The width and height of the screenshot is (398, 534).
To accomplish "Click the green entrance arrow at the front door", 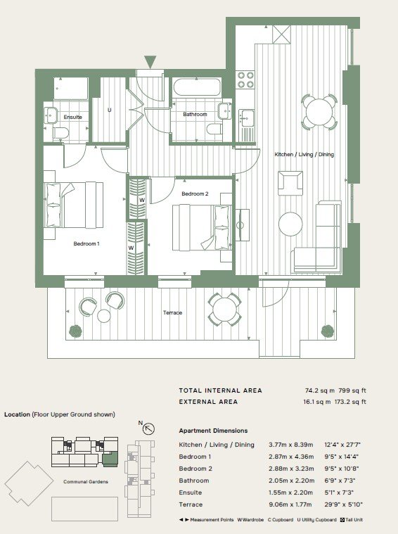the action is (150, 61).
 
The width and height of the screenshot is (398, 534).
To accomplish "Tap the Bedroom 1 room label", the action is (86, 244).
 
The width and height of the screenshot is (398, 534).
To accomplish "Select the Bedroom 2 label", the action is (195, 193).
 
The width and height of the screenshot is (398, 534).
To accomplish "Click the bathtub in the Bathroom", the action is (197, 87).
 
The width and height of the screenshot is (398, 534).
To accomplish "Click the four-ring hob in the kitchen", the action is (246, 80).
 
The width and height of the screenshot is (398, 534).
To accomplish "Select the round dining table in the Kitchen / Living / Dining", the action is (319, 112).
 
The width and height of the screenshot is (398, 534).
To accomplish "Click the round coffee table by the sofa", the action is (290, 224).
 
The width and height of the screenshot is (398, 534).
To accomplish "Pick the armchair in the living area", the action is (290, 183).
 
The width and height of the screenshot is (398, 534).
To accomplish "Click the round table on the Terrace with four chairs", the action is (224, 310).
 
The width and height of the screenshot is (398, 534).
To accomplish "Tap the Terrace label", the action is (172, 312).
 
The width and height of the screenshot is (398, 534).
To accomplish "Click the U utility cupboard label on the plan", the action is (109, 110).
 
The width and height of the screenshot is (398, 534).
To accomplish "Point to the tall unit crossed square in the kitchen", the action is (281, 34).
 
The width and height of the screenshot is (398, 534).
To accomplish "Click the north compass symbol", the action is (148, 428).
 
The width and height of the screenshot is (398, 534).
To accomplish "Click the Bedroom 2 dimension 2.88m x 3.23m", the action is (291, 469).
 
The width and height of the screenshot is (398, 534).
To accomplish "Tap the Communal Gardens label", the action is (86, 482).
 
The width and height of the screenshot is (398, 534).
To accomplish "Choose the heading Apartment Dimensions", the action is (213, 431).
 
